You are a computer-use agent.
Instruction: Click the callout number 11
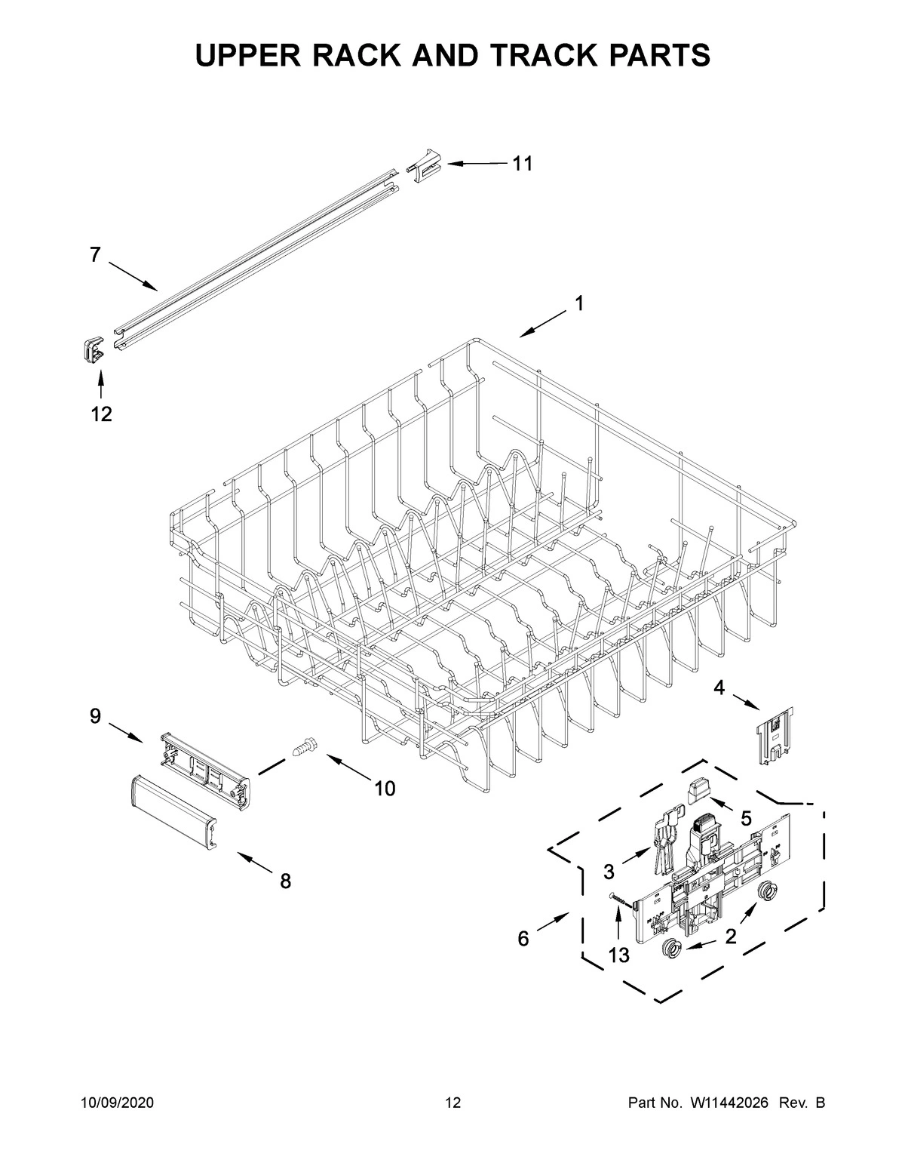(x=523, y=164)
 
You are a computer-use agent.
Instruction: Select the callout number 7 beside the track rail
(x=94, y=255)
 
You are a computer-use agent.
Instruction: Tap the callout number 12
(x=101, y=414)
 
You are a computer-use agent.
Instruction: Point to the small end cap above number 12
(x=93, y=349)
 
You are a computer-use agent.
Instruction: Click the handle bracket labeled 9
(x=206, y=771)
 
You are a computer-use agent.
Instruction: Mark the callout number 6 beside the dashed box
(x=523, y=939)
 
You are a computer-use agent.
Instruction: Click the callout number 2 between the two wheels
(x=730, y=937)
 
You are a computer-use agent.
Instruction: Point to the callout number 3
(x=609, y=872)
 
